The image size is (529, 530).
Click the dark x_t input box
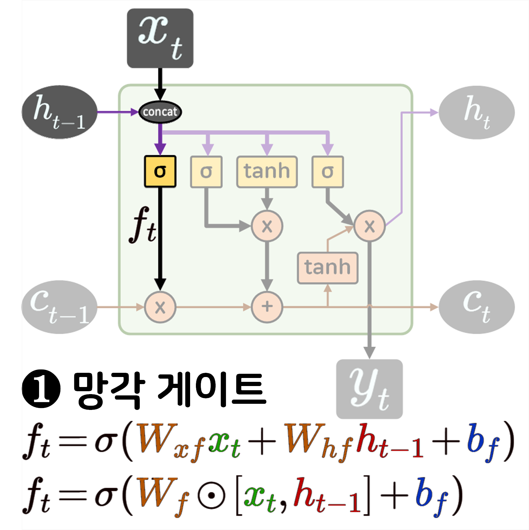click(160, 38)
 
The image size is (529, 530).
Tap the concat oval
click(160, 112)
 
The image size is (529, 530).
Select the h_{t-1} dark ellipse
click(59, 112)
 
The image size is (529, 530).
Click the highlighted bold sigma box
click(160, 171)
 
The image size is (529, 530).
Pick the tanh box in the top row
click(267, 171)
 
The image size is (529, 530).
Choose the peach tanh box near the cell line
click(327, 268)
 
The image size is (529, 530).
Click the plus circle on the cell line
click(267, 307)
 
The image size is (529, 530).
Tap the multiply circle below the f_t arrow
click(160, 307)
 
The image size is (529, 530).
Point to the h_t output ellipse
click(476, 112)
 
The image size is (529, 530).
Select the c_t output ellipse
click(476, 307)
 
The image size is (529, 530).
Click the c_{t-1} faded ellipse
click(59, 307)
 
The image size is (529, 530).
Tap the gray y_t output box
click(369, 389)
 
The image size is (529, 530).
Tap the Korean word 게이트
click(211, 390)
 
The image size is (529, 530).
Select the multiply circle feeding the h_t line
click(369, 226)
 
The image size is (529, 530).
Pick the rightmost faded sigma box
click(327, 171)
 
